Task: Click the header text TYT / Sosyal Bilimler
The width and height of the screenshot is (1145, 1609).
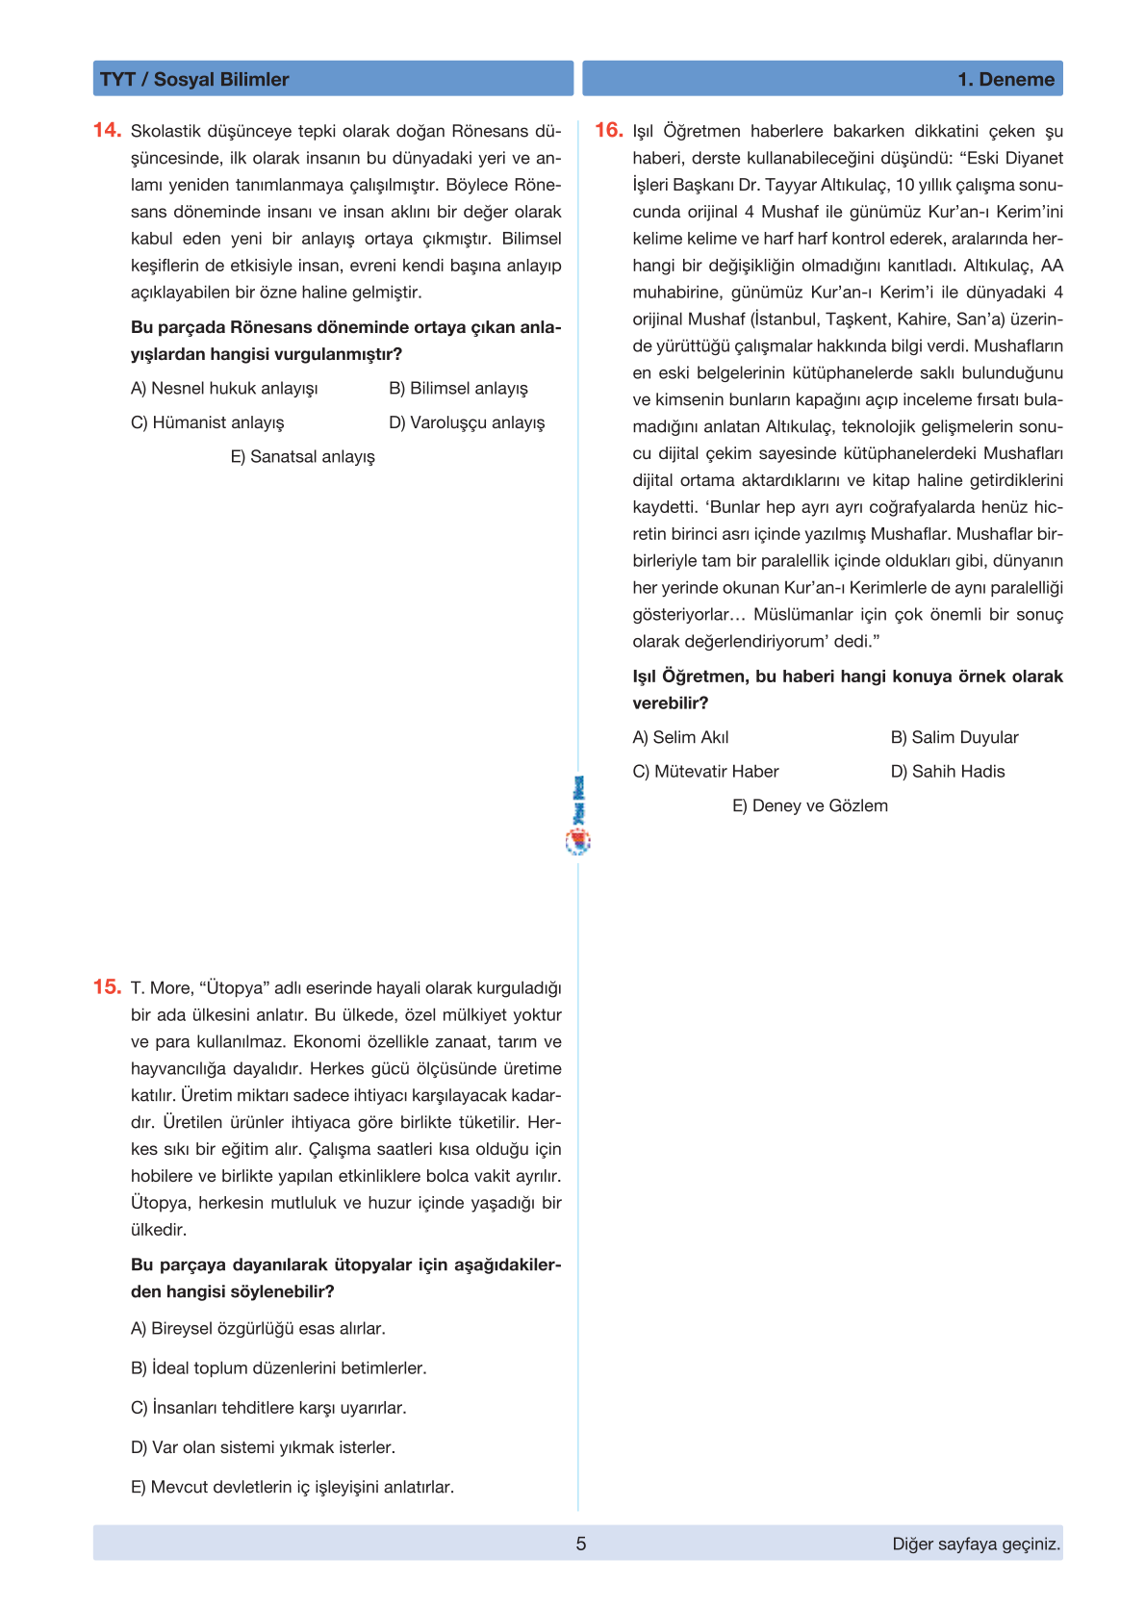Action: tap(194, 79)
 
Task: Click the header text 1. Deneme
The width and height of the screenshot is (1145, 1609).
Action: tap(1005, 79)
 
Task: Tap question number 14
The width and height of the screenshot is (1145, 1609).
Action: tap(107, 130)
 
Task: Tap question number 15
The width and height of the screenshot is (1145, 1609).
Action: tap(107, 986)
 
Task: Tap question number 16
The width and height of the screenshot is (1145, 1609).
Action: tap(608, 130)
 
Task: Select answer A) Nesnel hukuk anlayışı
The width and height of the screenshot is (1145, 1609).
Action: tap(224, 388)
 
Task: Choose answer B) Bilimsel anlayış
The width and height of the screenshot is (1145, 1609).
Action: tap(458, 388)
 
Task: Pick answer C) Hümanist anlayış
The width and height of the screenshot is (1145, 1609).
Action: tap(208, 422)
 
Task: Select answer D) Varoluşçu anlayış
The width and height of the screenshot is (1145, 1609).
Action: tap(467, 422)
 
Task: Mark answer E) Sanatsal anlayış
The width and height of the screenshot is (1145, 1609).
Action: tap(302, 456)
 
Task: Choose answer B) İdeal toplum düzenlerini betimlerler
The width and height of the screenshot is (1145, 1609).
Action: tap(279, 1367)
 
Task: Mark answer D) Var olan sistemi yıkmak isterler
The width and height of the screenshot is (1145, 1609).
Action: tap(263, 1446)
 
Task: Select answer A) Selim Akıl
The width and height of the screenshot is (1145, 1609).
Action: tap(680, 737)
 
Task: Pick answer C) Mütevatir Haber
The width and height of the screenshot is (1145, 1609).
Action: tap(705, 771)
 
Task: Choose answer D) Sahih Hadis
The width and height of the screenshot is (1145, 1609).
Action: tap(948, 771)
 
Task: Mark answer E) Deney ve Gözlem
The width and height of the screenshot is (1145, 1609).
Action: tap(810, 805)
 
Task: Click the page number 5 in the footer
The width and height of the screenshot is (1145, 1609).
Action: tap(580, 1544)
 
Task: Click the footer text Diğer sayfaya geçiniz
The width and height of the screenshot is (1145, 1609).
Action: tap(976, 1544)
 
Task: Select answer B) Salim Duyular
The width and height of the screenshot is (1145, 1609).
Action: tap(954, 737)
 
